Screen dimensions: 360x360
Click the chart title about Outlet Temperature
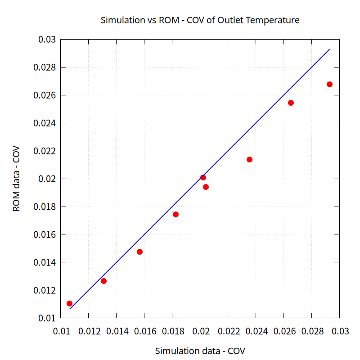pyautogui.click(x=200, y=20)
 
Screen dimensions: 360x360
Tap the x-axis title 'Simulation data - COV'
pyautogui.click(x=200, y=351)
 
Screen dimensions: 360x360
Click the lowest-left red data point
pyautogui.click(x=69, y=303)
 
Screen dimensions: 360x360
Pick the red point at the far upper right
pyautogui.click(x=329, y=84)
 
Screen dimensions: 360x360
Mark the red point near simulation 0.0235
pyautogui.click(x=249, y=159)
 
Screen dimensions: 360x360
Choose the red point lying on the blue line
pyautogui.click(x=203, y=177)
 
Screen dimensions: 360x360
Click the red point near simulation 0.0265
pyautogui.click(x=291, y=103)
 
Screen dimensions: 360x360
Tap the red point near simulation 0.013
pyautogui.click(x=103, y=281)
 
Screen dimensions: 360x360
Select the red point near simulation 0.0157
pyautogui.click(x=139, y=252)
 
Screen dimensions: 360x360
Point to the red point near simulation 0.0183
pyautogui.click(x=175, y=214)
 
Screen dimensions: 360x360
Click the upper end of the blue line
pyautogui.click(x=329, y=49)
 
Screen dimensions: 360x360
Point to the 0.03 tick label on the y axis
pyautogui.click(x=47, y=40)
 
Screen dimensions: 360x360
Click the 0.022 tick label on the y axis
pyautogui.click(x=44, y=151)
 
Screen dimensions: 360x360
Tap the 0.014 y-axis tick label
pyautogui.click(x=44, y=262)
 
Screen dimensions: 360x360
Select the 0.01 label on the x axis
pyautogui.click(x=61, y=332)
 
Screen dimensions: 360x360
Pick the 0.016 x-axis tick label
pyautogui.click(x=144, y=332)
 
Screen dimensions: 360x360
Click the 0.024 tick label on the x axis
pyautogui.click(x=256, y=332)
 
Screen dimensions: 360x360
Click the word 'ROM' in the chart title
pyautogui.click(x=168, y=20)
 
